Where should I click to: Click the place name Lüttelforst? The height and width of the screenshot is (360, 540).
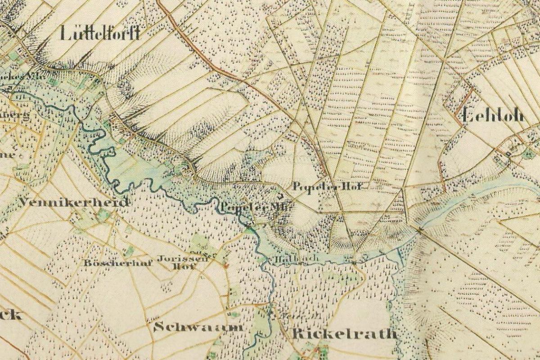click(x=99, y=33)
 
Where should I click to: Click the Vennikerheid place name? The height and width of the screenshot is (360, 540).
click(x=74, y=202)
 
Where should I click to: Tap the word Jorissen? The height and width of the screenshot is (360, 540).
click(x=182, y=259)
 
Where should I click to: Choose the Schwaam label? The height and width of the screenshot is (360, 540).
click(x=198, y=327)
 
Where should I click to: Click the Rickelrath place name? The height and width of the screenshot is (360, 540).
click(x=344, y=333)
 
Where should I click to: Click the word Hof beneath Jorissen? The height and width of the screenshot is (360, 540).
click(x=180, y=266)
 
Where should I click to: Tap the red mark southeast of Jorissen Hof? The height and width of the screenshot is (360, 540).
click(x=226, y=266)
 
